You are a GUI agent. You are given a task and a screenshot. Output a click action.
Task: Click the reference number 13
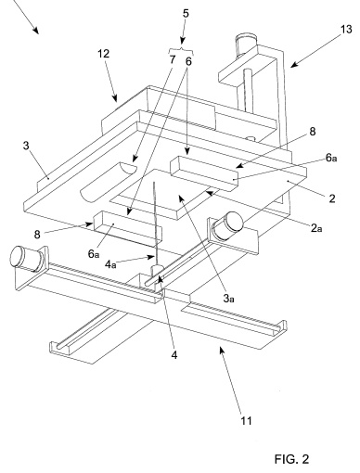point(346,30)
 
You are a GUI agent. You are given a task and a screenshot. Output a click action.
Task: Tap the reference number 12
point(104,54)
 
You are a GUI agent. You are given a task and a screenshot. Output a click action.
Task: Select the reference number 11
point(246,421)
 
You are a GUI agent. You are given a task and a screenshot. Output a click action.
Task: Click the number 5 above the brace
point(186,14)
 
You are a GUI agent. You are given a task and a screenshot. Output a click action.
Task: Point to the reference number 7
point(173,59)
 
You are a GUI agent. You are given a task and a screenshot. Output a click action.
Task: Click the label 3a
point(228,299)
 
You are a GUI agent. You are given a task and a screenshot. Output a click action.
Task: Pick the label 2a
point(316,228)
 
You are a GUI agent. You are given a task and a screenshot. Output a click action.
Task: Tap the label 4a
point(110,264)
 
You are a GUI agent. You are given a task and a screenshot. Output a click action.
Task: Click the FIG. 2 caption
point(291,459)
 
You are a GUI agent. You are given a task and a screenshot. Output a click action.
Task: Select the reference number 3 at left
point(26,146)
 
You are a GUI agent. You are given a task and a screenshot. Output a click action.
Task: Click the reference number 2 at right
point(332,198)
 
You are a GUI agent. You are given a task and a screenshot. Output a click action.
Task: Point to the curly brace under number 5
point(182,51)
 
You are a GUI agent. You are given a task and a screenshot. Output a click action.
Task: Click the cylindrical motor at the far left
point(27,258)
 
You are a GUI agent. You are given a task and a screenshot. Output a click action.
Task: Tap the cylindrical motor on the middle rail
point(228,225)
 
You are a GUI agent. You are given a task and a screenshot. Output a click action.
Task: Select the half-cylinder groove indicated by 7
point(108,182)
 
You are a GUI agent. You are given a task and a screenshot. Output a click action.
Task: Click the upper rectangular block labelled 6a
point(204,173)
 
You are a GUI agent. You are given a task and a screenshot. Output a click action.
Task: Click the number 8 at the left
point(37,235)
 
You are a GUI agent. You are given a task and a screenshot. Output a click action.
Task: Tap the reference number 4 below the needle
point(174,355)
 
